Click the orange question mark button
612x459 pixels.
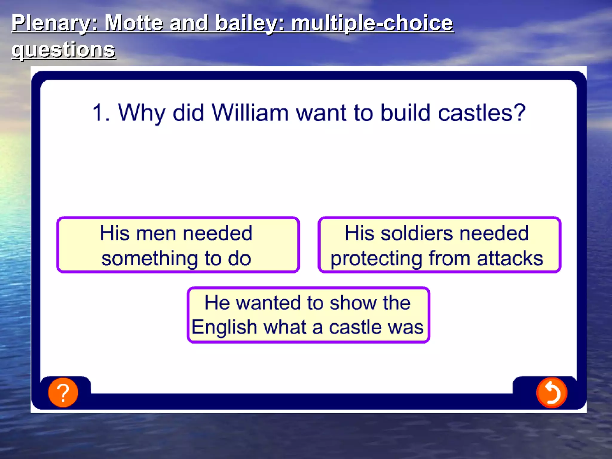pyautogui.click(x=63, y=392)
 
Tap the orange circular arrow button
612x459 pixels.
pyautogui.click(x=552, y=393)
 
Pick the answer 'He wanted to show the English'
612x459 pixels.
pyautogui.click(x=308, y=315)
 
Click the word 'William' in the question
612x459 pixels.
pyautogui.click(x=250, y=113)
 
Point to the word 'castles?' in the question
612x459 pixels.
pyautogui.click(x=481, y=113)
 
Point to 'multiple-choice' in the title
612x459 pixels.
pyautogui.click(x=372, y=23)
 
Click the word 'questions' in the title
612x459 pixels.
pyautogui.click(x=63, y=49)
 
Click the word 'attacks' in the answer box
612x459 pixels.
pyautogui.click(x=510, y=258)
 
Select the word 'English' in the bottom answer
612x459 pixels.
pyautogui.click(x=224, y=327)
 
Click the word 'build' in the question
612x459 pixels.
pyautogui.click(x=405, y=113)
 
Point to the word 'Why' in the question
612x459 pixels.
pyautogui.click(x=141, y=113)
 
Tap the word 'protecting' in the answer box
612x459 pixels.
pyautogui.click(x=376, y=258)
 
